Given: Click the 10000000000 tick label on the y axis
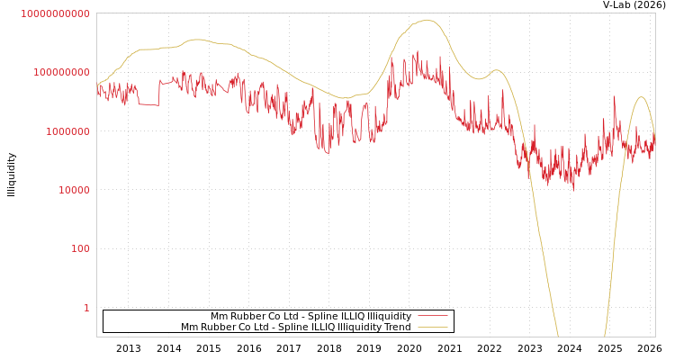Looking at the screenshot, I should point(55,13).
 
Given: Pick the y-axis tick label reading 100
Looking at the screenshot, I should point(79,248).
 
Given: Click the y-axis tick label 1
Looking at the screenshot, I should point(86,308).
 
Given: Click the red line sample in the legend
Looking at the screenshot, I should point(433,317).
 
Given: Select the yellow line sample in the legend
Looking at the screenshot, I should point(433,328).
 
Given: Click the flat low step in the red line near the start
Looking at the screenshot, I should point(148,104).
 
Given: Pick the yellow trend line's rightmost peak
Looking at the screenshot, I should point(642,97).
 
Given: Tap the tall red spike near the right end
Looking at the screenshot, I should point(615,97).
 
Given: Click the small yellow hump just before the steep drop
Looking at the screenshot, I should point(496,70).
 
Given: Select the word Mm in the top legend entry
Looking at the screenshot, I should point(219,317).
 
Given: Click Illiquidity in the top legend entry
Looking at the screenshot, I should point(387,317).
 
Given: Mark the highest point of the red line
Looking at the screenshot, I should point(417,52).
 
